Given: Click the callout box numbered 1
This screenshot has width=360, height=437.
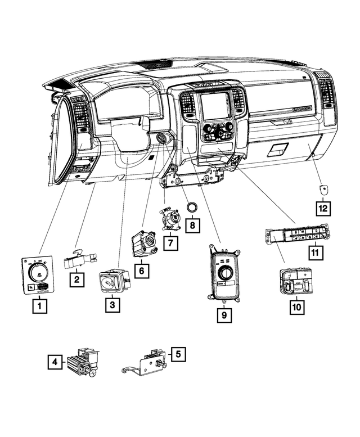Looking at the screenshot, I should (39, 307).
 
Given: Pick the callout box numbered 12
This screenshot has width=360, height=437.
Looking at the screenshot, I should (322, 209).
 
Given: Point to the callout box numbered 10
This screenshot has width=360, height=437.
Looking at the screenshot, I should (296, 307).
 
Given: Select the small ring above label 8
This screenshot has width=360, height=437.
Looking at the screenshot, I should (192, 207).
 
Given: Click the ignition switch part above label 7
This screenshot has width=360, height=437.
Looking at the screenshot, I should (170, 218).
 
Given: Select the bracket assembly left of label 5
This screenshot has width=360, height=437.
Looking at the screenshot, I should (145, 364).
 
